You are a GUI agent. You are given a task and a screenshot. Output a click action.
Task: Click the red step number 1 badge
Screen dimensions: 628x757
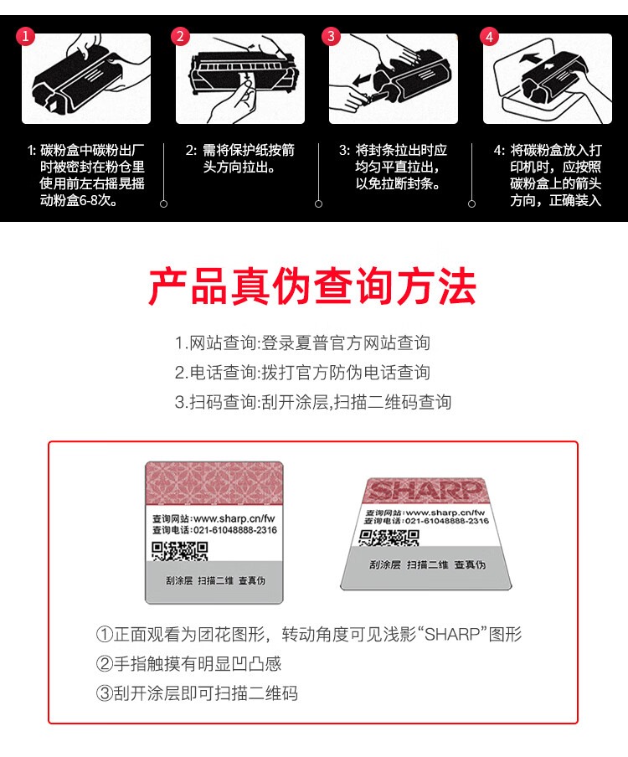[x=26, y=37]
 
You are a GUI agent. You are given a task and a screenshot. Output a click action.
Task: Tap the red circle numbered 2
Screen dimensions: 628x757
[x=180, y=37]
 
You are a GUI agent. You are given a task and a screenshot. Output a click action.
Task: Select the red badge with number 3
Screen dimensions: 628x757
[x=331, y=37]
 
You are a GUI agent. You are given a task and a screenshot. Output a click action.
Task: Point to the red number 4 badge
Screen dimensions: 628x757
[x=489, y=37]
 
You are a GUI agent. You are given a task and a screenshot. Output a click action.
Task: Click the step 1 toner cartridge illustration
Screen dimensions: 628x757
[x=86, y=79]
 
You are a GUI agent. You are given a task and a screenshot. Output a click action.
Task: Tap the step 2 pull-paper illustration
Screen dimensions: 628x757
[x=240, y=79]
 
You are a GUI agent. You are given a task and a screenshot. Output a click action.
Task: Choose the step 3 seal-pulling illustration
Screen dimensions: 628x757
[x=394, y=79]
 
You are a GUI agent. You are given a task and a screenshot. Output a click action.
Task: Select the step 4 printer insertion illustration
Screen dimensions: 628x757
[x=548, y=79]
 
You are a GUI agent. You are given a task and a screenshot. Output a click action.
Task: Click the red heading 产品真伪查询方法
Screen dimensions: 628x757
[x=312, y=286]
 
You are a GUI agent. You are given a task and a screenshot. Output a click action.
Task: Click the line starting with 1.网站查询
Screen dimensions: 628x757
[x=302, y=343]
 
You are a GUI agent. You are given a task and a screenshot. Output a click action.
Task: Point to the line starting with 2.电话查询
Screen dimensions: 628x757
[x=302, y=373]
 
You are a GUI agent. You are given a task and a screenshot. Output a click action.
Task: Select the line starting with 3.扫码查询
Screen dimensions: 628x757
[x=313, y=402]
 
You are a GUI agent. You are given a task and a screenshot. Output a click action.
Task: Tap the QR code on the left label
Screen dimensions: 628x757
[x=179, y=551]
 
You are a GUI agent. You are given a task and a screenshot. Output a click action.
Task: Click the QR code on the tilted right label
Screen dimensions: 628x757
[x=389, y=538]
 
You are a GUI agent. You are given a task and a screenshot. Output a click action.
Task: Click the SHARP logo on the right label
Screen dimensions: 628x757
[x=425, y=491]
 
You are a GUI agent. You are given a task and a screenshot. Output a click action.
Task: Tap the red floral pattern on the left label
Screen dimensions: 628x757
[x=214, y=483]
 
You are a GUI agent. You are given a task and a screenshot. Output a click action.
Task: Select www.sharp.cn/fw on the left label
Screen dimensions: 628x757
[x=234, y=518]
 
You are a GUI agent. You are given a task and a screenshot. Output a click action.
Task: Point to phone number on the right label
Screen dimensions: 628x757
[x=447, y=521]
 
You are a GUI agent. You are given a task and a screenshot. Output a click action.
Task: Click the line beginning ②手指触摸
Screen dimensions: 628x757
[x=188, y=664]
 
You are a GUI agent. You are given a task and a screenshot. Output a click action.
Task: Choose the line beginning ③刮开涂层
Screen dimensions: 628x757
[x=197, y=693]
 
